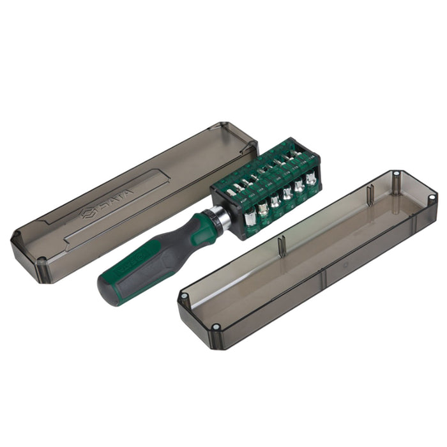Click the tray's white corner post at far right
[432, 198]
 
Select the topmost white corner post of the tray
[396, 173]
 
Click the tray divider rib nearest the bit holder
[282, 246]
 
